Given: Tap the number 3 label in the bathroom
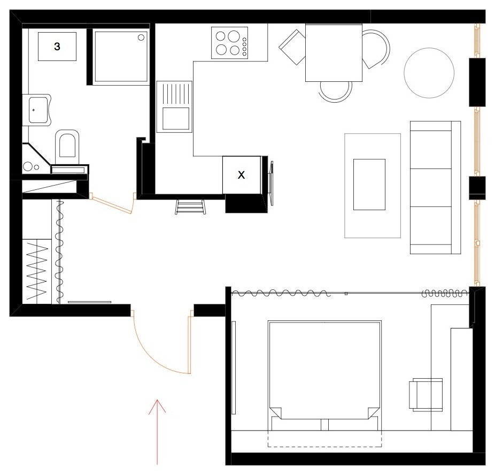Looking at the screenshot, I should click(57, 47).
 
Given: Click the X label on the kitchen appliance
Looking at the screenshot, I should click(241, 175).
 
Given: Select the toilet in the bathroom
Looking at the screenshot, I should click(67, 144).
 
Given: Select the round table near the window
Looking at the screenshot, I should click(429, 73).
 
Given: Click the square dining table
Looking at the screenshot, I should click(334, 52).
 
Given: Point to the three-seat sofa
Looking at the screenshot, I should click(435, 187).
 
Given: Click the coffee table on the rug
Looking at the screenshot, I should click(369, 184).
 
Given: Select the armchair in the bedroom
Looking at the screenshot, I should click(426, 395).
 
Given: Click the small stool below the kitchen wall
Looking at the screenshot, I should click(190, 206).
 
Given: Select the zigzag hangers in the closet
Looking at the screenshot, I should click(40, 270).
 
